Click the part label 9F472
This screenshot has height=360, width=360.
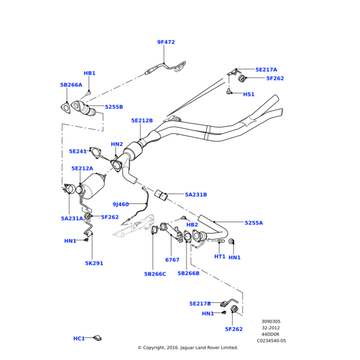(166, 43)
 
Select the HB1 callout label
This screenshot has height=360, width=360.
(89, 73)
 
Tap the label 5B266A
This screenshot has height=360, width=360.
(71, 85)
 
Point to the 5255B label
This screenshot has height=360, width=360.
(114, 107)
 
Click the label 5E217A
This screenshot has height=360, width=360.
(266, 70)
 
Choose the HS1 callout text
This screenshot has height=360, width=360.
(248, 94)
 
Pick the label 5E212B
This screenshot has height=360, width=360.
(142, 121)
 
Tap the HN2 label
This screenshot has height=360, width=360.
(116, 145)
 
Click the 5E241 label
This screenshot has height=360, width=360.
(78, 152)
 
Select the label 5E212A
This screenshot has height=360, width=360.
(82, 169)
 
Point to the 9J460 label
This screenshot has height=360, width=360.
(120, 205)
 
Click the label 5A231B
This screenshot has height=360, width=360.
(196, 195)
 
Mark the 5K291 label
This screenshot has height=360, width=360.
(94, 263)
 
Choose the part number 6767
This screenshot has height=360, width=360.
(172, 260)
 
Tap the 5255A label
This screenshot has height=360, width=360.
(253, 223)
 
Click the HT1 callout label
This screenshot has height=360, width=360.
(220, 257)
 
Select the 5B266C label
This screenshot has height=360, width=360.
(155, 274)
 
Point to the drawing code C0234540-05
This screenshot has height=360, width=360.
(271, 341)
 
